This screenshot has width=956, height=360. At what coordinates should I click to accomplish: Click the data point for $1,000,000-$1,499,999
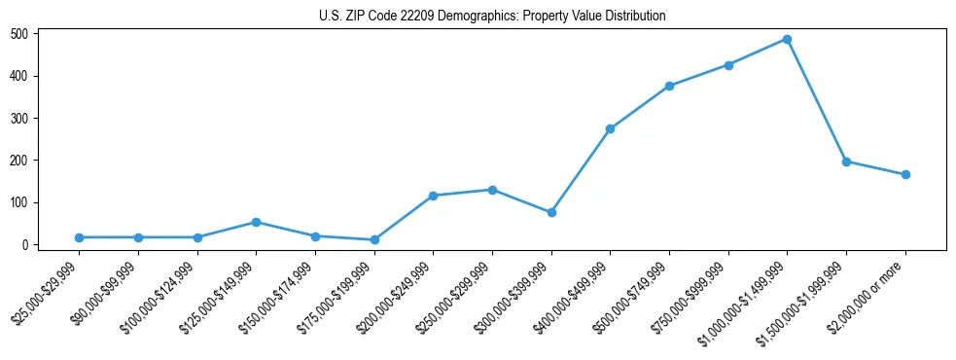[x=787, y=40]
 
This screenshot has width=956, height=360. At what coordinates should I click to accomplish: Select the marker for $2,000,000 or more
[x=905, y=175]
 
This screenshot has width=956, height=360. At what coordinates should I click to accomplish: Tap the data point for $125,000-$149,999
[x=256, y=222]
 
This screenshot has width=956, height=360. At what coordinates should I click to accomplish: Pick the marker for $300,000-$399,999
[x=551, y=212]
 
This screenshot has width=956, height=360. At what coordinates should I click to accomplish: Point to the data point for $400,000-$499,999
[x=610, y=128]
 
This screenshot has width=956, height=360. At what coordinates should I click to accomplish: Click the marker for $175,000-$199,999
[x=374, y=239]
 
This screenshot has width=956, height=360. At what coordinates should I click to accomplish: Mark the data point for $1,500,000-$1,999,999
[x=846, y=162]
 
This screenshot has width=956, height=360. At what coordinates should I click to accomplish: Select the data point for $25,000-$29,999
[x=79, y=237]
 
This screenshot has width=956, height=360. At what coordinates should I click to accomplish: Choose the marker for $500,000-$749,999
[x=669, y=86]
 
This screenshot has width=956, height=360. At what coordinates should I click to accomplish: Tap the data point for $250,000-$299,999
[x=492, y=190]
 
